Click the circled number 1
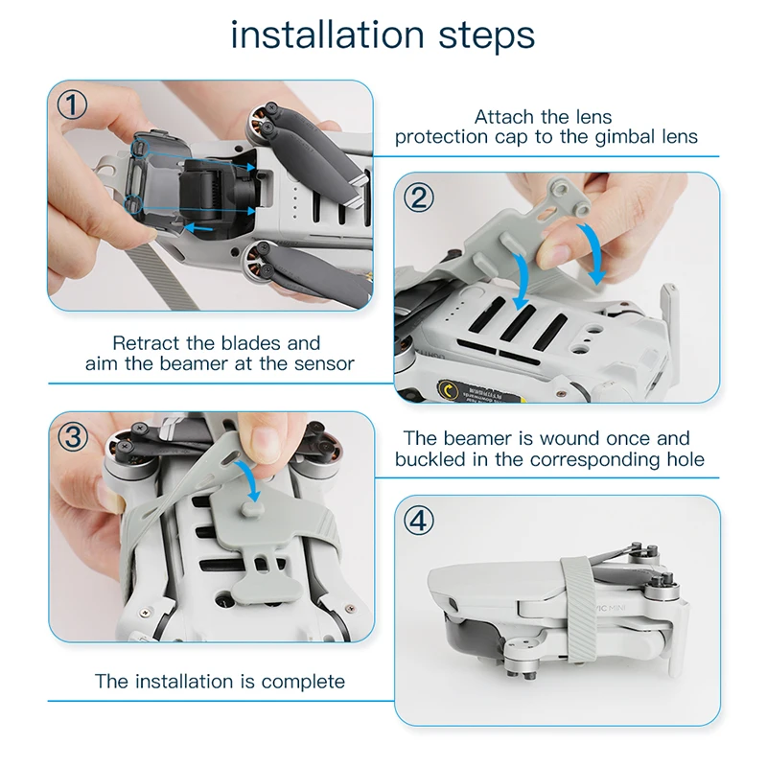73,105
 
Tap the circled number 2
419,198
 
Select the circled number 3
73,436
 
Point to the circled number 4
419,521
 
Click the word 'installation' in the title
327,35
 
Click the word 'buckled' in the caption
430,459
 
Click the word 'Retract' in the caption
147,343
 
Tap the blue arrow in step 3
250,478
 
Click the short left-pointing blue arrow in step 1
198,228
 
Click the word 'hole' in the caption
686,459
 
